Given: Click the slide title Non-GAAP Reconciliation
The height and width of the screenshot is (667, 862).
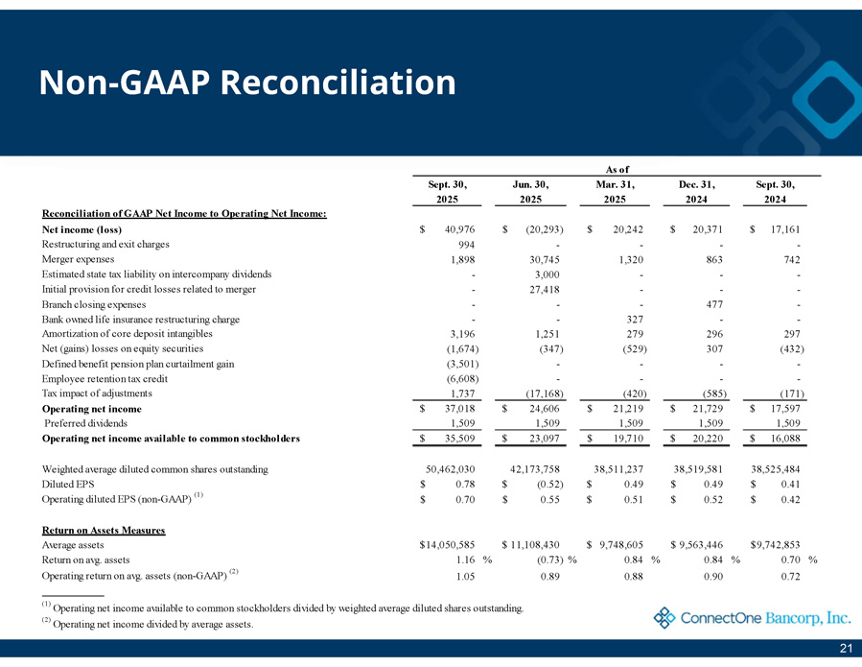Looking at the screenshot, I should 247,83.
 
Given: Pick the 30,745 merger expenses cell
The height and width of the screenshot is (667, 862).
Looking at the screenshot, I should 541,259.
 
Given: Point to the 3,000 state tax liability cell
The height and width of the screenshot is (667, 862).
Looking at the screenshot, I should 544,274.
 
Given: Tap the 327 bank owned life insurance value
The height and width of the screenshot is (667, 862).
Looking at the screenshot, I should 627,319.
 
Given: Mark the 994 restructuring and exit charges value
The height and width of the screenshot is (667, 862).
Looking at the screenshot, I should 461,244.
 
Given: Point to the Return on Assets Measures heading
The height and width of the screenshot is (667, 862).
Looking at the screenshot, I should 105,530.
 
